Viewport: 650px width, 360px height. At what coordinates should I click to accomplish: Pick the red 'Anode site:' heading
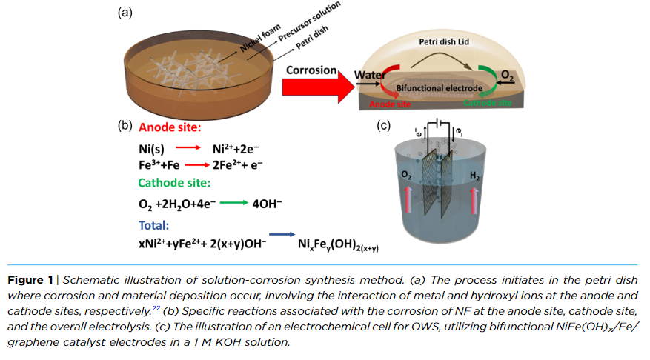click(170, 127)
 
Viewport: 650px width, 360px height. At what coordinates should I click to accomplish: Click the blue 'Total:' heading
click(154, 224)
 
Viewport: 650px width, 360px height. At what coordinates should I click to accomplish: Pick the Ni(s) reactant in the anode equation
click(153, 148)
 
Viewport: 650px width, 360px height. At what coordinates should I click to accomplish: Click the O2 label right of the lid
click(508, 75)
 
